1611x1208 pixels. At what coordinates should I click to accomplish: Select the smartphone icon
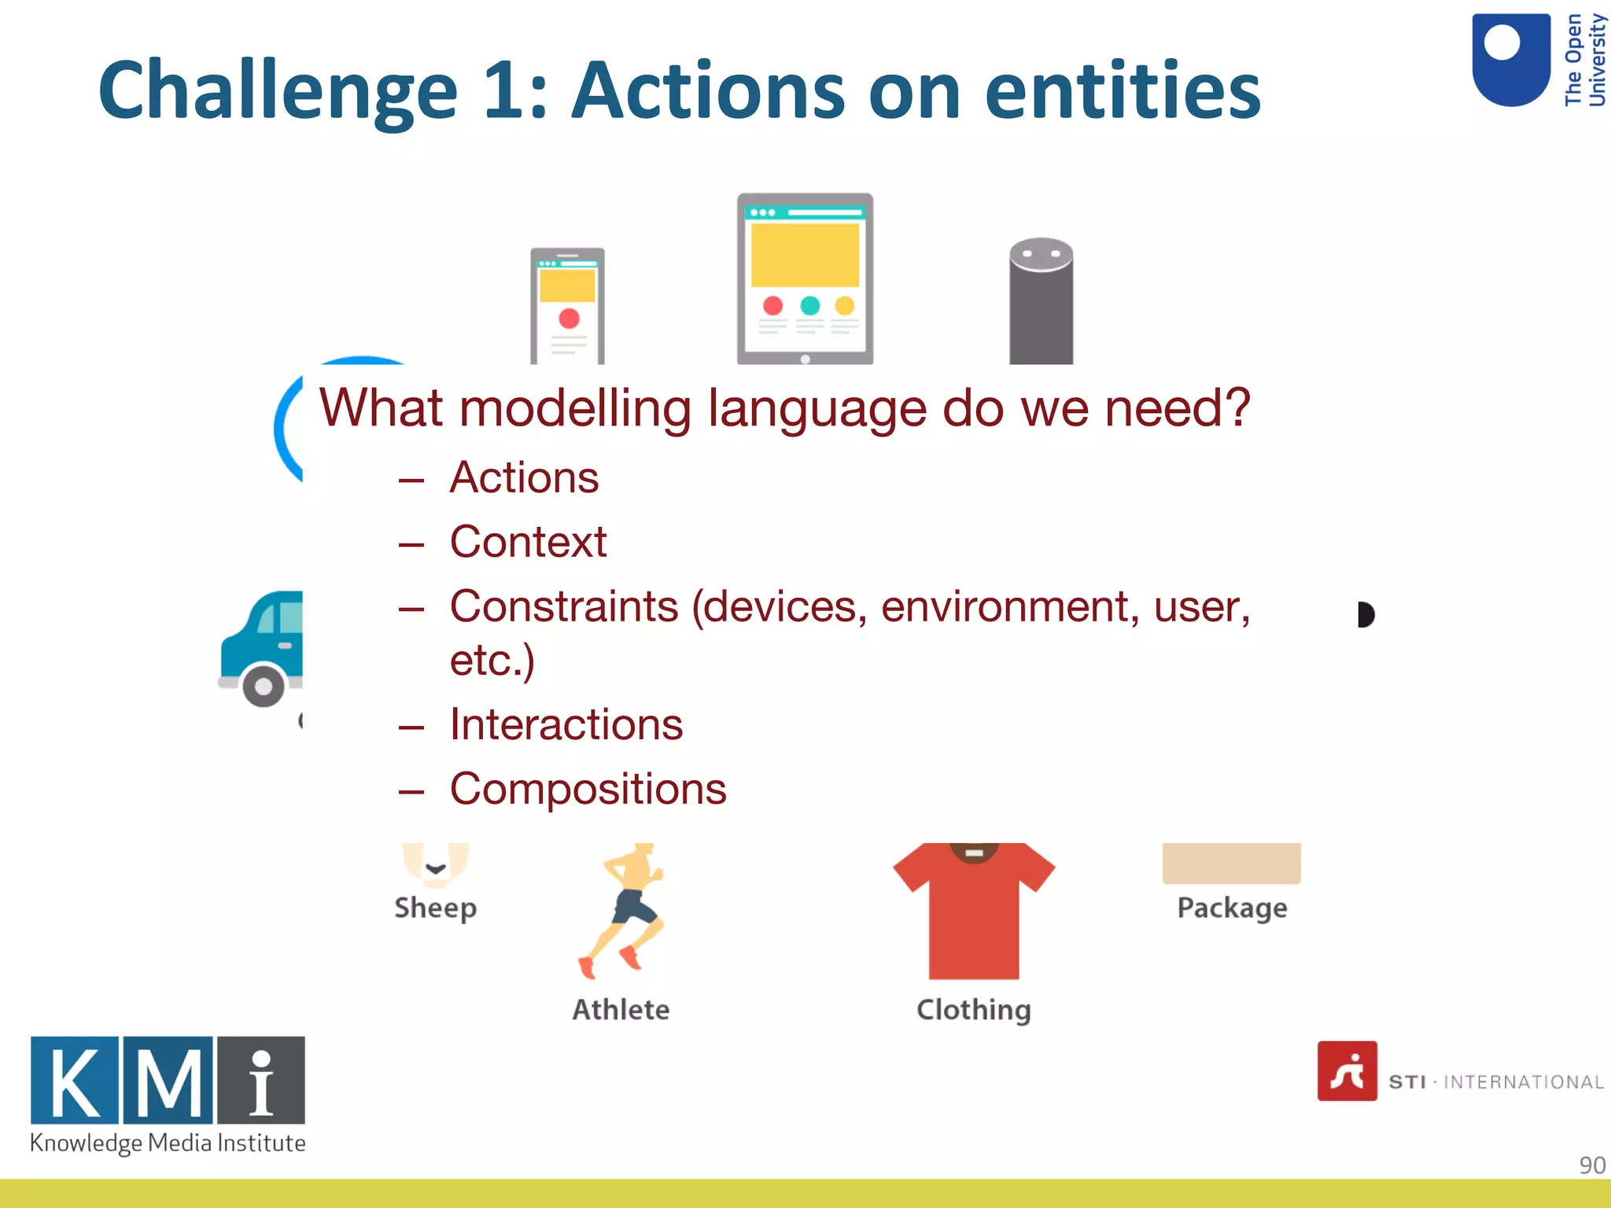[x=567, y=306]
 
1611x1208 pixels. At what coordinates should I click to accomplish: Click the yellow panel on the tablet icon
[x=805, y=255]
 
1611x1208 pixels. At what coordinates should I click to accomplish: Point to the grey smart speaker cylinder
[x=1041, y=303]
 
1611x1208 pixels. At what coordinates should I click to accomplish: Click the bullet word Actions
[x=524, y=477]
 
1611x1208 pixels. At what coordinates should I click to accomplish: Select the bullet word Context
[x=528, y=542]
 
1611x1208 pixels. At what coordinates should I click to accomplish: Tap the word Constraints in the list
[x=564, y=606]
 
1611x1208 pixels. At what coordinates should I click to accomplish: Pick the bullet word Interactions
[x=566, y=724]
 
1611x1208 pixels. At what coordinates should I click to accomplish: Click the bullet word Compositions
[x=588, y=789]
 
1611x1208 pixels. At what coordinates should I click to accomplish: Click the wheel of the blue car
[x=264, y=686]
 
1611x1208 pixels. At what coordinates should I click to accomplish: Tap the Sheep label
[x=435, y=908]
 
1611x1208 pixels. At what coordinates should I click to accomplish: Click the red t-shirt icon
[x=973, y=912]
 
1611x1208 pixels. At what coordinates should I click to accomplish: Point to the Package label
[x=1232, y=908]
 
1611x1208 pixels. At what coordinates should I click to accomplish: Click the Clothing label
[x=973, y=1010]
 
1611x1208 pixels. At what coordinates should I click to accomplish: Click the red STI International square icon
[x=1347, y=1071]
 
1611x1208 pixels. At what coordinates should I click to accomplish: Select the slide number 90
[x=1591, y=1165]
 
